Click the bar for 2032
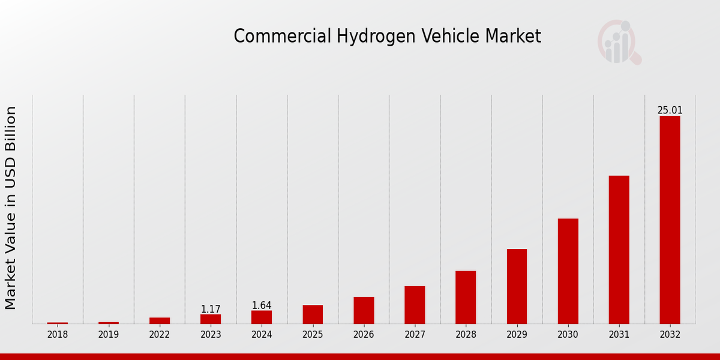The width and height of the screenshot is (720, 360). click(670, 220)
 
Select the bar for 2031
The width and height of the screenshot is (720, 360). click(619, 250)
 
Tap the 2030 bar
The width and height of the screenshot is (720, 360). click(568, 271)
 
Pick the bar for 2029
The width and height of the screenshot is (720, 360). click(517, 286)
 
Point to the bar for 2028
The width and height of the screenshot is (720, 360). click(466, 297)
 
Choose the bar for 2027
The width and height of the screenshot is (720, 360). click(415, 305)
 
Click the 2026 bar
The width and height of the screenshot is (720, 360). click(364, 310)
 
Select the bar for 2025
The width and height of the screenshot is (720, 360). click(313, 314)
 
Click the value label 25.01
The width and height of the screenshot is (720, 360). click(670, 110)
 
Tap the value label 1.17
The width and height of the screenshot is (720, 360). click(211, 309)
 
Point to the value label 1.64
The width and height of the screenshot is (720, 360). click(262, 305)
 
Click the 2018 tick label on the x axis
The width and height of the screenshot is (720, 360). click(58, 335)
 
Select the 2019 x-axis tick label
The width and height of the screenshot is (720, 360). click(109, 335)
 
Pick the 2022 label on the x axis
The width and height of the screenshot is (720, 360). click(160, 335)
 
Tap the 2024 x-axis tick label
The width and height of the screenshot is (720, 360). click(262, 335)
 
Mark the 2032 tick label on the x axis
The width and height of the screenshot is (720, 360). click(670, 335)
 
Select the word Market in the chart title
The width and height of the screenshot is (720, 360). click(513, 36)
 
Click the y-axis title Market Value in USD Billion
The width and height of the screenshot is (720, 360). click(11, 208)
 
